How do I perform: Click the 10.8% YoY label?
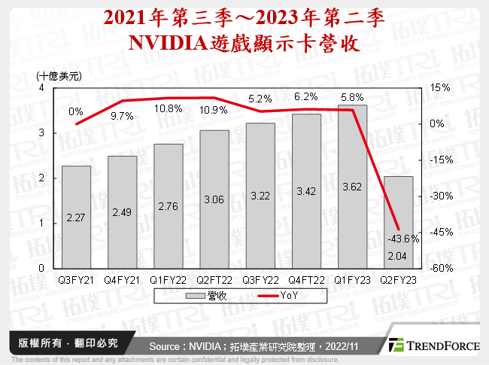(169, 108)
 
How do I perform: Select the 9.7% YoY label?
(121, 116)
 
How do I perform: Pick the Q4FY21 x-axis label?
(122, 278)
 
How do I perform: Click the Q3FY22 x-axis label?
(260, 278)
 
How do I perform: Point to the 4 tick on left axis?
(42, 88)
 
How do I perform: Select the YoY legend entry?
(272, 297)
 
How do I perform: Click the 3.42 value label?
(305, 192)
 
